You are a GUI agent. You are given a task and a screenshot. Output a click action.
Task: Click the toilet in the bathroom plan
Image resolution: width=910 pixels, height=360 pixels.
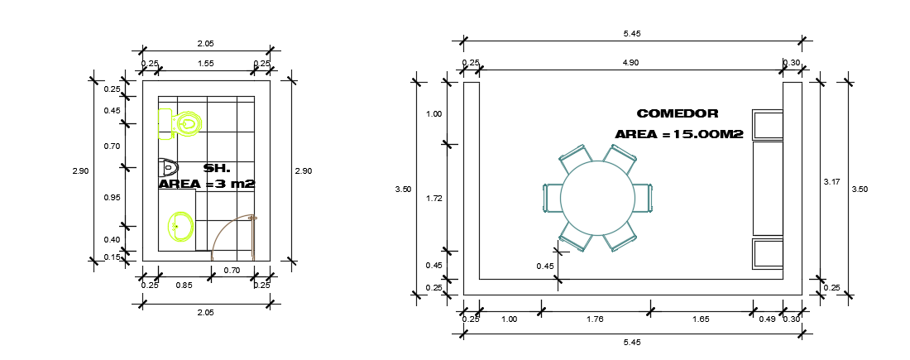180,123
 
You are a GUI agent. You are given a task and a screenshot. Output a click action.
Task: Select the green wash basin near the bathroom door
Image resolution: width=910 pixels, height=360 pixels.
180,225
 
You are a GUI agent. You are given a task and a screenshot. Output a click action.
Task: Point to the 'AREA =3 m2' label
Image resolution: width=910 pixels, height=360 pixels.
206,184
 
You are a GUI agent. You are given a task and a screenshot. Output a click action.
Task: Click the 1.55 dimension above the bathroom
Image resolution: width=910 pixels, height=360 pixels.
205,63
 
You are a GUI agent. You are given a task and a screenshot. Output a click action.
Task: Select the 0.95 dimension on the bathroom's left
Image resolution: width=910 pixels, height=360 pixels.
112,197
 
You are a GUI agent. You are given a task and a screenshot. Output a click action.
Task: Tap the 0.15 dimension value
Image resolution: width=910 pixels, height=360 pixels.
112,257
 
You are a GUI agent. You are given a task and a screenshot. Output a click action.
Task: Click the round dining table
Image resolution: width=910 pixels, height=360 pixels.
597,198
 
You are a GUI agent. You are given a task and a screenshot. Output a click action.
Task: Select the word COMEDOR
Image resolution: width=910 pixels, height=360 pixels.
677,113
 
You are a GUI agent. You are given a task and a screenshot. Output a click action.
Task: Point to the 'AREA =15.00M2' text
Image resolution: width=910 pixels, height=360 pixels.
678,134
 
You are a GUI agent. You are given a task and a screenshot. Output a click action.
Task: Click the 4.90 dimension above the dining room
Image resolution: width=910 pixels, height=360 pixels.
630,63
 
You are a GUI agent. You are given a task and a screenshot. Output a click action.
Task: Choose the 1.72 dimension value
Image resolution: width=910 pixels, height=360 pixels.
433,199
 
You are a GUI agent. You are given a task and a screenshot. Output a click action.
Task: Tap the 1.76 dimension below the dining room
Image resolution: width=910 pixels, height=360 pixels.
595,319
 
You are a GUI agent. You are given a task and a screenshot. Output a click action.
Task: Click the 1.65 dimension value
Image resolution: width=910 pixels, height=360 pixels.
701,319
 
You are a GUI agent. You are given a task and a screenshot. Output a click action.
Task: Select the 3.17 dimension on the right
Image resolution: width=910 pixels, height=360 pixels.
832,181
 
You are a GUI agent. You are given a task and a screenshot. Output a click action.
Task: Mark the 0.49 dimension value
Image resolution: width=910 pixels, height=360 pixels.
767,319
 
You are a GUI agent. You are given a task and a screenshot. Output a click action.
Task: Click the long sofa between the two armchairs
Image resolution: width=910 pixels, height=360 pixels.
767,188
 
